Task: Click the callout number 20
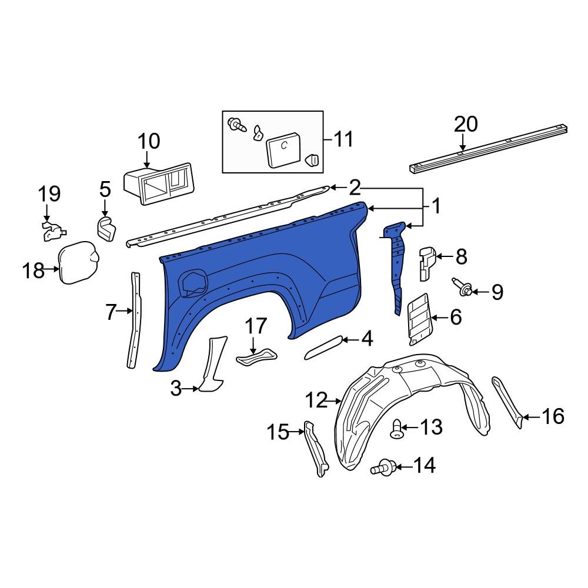[466, 124]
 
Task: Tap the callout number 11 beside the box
[343, 139]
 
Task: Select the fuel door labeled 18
[78, 263]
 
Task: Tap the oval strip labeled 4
[323, 347]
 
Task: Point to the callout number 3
[176, 388]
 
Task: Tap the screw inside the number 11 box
[237, 125]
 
